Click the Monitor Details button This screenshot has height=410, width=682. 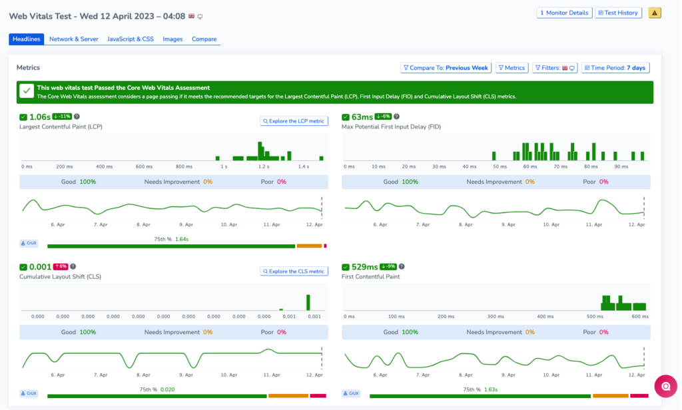pyautogui.click(x=564, y=13)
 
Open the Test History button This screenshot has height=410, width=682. pyautogui.click(x=619, y=13)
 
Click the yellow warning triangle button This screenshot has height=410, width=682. pyautogui.click(x=655, y=13)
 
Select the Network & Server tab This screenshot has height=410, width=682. pyautogui.click(x=74, y=39)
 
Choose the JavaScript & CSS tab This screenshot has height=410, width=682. pyautogui.click(x=131, y=39)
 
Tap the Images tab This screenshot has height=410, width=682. pyautogui.click(x=172, y=39)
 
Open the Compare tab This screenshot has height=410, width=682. pyautogui.click(x=204, y=39)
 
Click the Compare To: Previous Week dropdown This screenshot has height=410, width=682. pyautogui.click(x=446, y=68)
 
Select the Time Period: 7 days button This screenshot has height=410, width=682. pyautogui.click(x=615, y=68)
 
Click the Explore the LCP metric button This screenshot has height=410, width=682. pyautogui.click(x=294, y=121)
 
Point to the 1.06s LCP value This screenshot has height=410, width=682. pyautogui.click(x=39, y=117)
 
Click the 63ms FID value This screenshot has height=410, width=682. pyautogui.click(x=362, y=117)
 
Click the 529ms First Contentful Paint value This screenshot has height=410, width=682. pyautogui.click(x=364, y=267)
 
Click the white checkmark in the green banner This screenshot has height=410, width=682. pyautogui.click(x=27, y=91)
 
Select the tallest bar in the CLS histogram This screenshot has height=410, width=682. pyautogui.click(x=308, y=302)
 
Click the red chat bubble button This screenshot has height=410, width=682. pyautogui.click(x=665, y=387)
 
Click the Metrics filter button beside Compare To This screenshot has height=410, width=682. pyautogui.click(x=511, y=68)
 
